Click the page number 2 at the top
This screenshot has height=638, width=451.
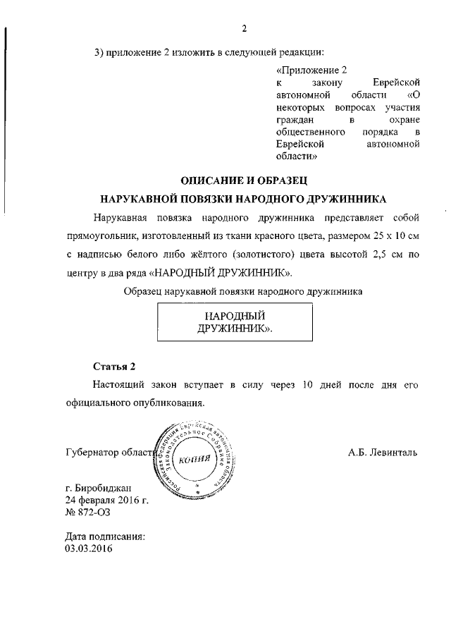(244, 29)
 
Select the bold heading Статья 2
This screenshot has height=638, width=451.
(113, 367)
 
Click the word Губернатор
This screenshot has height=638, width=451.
(92, 453)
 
